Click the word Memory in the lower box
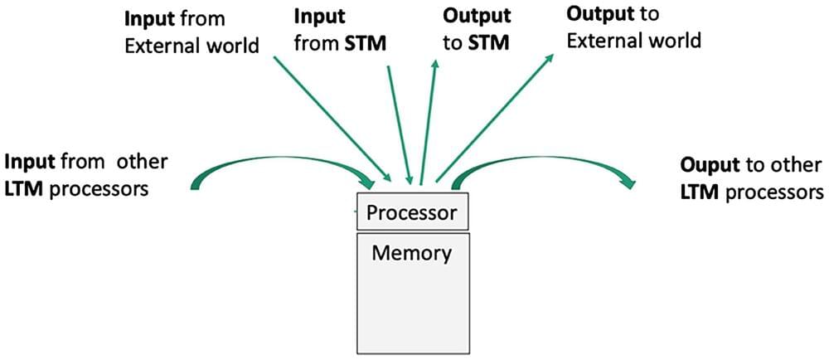click(411, 252)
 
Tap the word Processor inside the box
click(412, 213)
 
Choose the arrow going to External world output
click(497, 116)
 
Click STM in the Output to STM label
click(483, 43)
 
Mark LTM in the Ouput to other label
click(701, 192)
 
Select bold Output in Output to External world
click(597, 13)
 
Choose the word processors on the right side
click(774, 192)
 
